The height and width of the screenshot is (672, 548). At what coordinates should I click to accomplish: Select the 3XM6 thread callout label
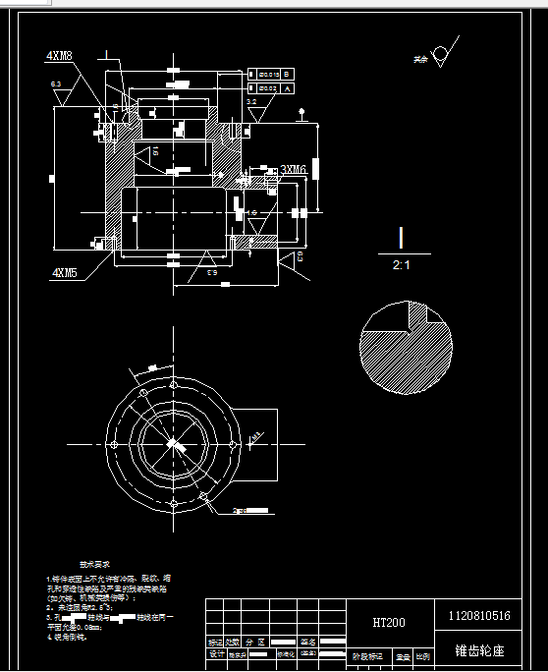point(295,169)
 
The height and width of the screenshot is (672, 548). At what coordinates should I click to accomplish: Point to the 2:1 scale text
point(401,265)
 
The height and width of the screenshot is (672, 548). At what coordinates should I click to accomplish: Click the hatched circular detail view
point(407,350)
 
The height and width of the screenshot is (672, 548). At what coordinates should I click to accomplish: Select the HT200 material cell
point(390,622)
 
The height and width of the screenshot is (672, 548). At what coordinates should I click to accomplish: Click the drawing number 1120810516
point(478,616)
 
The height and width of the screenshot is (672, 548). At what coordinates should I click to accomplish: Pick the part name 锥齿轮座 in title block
point(477,650)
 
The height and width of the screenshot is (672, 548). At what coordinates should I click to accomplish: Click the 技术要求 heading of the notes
point(94,565)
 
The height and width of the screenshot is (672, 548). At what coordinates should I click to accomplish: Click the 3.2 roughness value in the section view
point(251,101)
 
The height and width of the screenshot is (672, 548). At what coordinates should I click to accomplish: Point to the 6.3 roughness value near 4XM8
point(57,85)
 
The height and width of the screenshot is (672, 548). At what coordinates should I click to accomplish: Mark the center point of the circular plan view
point(172,444)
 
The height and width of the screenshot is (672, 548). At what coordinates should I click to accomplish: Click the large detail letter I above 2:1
point(401,238)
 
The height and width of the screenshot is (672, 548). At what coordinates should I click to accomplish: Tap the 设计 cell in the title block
point(217,653)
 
